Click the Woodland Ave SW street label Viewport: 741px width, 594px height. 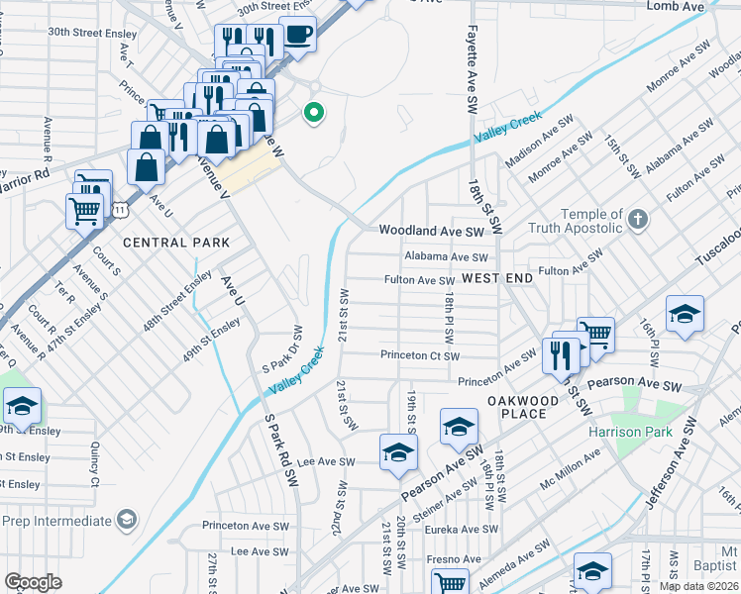[x=431, y=231]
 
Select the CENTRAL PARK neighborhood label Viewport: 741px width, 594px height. [x=176, y=243]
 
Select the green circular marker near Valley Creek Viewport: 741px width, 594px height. [x=314, y=113]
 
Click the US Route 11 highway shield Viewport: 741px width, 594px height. [x=120, y=211]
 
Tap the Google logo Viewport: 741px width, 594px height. [x=33, y=582]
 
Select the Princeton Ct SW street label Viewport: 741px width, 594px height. [x=420, y=355]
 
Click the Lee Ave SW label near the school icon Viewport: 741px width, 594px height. [x=326, y=461]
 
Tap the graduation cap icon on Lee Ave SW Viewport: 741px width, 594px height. [x=398, y=451]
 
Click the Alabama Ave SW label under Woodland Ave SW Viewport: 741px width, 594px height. [x=446, y=256]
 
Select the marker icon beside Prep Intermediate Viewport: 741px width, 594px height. [x=126, y=520]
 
